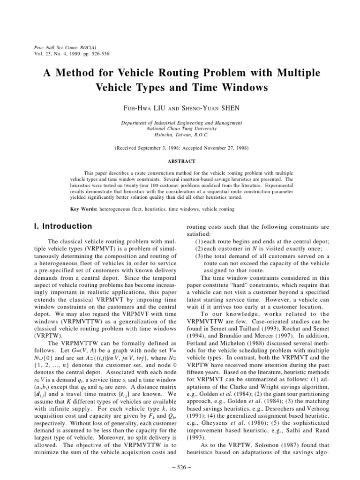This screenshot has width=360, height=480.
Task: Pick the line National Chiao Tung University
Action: click(181, 128)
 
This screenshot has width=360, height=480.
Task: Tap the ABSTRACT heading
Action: click(181, 161)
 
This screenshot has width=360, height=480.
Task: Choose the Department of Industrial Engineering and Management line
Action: click(181, 123)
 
